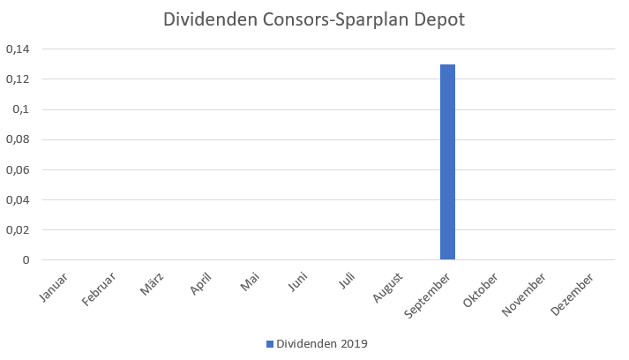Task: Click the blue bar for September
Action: point(447,162)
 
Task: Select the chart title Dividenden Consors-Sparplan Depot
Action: point(314,19)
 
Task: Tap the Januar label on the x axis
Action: point(55,288)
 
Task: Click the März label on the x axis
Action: point(153,286)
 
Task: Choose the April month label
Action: point(202,286)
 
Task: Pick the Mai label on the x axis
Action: point(251,284)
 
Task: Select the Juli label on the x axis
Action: point(350,283)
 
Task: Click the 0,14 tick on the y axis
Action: point(18,49)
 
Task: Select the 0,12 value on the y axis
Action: point(18,79)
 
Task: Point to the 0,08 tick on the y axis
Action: point(18,139)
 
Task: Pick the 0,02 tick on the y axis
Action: point(18,229)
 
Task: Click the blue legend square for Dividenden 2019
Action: point(270,343)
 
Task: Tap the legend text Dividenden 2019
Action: point(321,343)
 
